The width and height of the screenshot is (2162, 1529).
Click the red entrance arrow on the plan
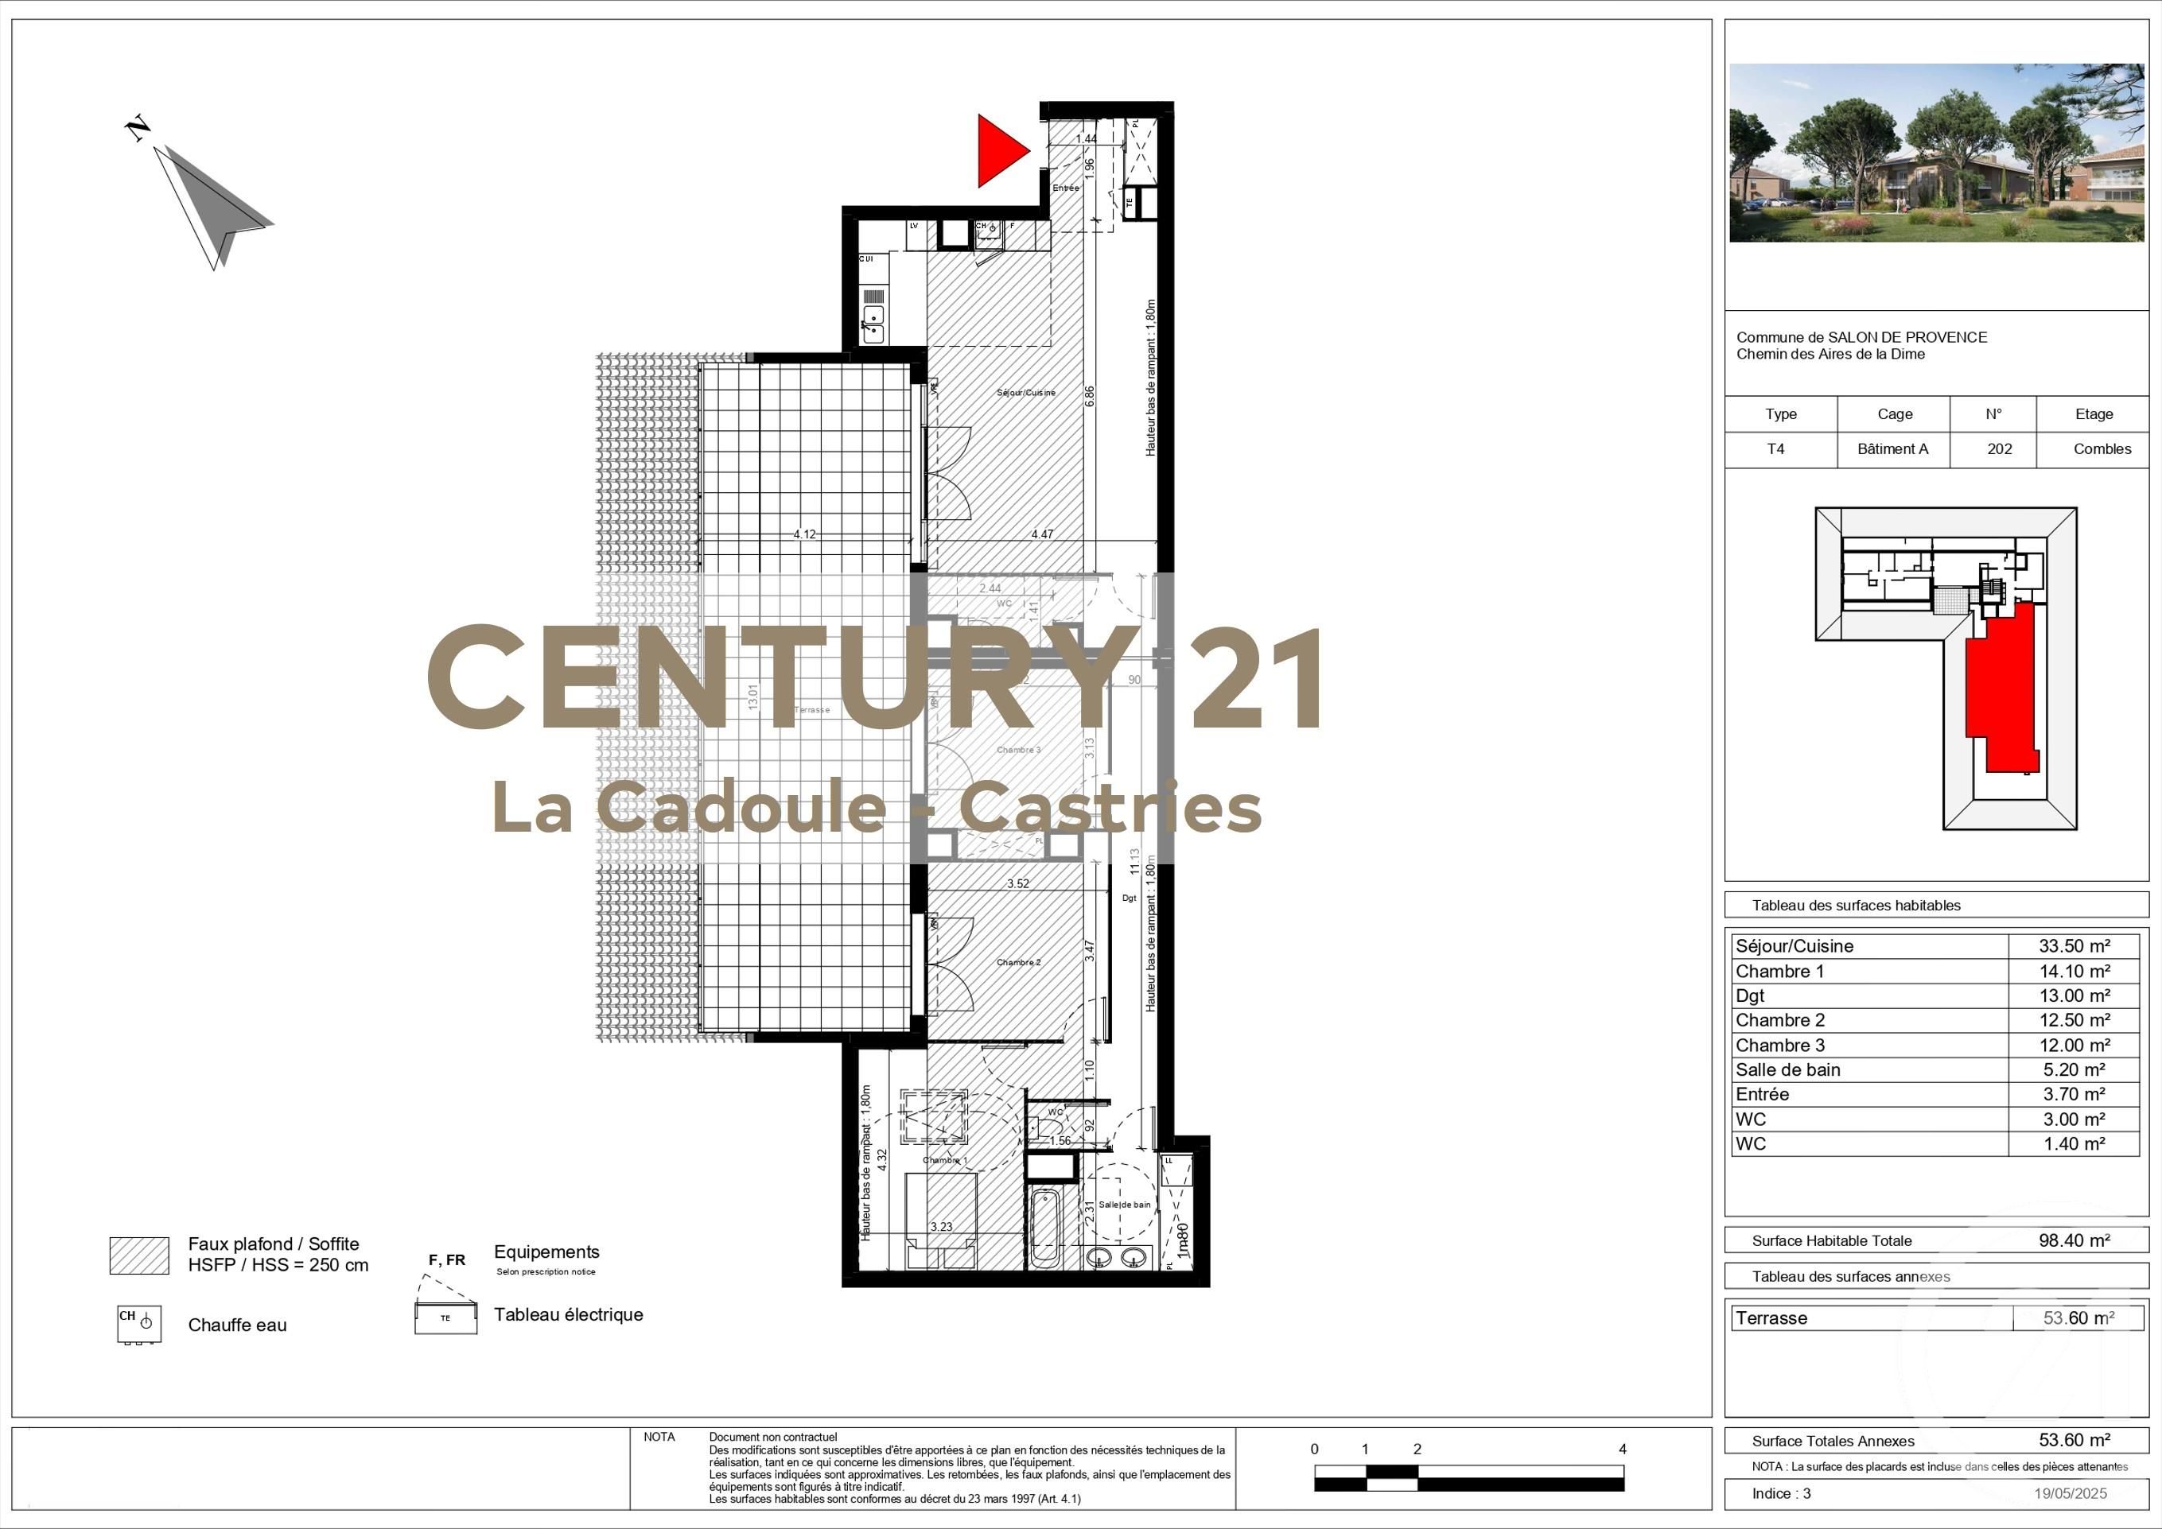[x=1000, y=150]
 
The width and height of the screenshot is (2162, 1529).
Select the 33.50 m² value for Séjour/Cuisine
[x=2075, y=946]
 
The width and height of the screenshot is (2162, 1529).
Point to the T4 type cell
[x=1775, y=449]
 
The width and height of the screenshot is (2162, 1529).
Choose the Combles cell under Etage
[x=2102, y=449]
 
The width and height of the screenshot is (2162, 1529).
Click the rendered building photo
[x=1936, y=153]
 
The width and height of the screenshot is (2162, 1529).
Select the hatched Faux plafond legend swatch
[x=139, y=1255]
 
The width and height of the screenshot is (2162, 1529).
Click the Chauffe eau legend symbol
[x=139, y=1324]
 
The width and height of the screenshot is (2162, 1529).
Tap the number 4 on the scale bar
[x=1623, y=1449]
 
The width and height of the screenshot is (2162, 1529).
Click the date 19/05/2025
[x=2071, y=1493]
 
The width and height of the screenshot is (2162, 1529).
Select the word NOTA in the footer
[x=659, y=1437]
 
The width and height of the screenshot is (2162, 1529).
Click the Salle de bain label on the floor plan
[x=1124, y=1204]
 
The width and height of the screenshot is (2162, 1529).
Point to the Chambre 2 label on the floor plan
[x=1019, y=962]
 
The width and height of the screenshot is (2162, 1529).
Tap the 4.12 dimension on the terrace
[x=804, y=534]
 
